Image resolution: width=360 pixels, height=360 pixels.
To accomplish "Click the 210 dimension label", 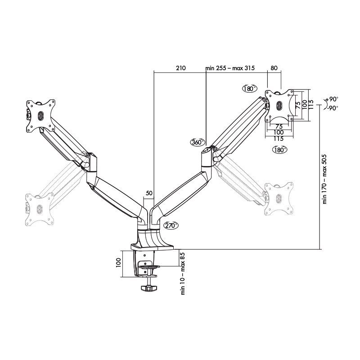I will click(x=180, y=68).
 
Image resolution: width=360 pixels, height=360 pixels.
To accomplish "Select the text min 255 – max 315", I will click(x=230, y=68).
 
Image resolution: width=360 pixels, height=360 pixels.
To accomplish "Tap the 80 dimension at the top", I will click(x=274, y=68).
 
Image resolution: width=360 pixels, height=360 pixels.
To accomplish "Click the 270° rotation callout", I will click(x=171, y=225).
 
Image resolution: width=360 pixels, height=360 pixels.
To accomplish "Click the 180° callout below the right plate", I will click(x=280, y=150).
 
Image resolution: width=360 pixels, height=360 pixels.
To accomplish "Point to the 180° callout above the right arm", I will click(x=249, y=88).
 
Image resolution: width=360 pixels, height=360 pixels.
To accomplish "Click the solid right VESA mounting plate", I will click(x=279, y=105).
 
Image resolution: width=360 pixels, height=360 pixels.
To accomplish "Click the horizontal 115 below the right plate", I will click(x=279, y=139).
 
